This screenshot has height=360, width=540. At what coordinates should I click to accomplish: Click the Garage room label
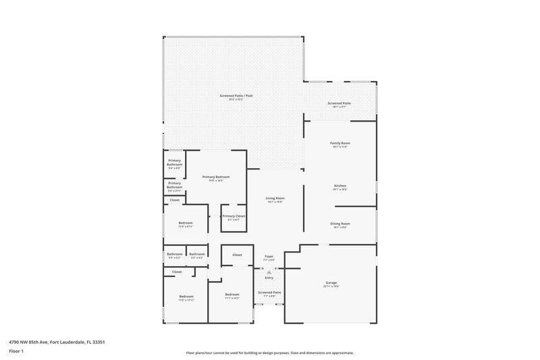(331, 282)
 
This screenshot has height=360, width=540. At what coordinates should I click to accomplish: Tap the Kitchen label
(340, 185)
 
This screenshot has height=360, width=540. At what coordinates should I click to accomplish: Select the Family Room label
(340, 143)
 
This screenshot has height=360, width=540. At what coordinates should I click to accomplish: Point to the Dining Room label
(340, 224)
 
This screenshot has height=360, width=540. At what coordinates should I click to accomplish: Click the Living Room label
(275, 198)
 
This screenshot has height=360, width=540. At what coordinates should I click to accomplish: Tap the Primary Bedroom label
(216, 176)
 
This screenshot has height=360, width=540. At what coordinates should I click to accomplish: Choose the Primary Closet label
(234, 215)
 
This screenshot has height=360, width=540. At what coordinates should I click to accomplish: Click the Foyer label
(269, 256)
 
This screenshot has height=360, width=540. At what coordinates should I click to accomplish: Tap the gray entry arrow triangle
(269, 272)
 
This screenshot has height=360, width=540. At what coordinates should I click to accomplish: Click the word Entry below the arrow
(269, 278)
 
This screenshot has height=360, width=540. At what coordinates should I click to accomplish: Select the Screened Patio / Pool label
(236, 96)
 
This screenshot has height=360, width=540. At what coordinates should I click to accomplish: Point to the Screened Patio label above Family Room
(340, 103)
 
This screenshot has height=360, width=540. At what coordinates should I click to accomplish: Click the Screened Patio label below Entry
(269, 292)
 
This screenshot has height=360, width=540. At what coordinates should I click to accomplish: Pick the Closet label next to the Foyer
(237, 255)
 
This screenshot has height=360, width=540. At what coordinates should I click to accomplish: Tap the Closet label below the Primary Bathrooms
(175, 200)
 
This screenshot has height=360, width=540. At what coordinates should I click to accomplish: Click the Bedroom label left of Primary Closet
(186, 223)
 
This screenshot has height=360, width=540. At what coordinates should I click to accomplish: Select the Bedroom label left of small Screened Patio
(232, 294)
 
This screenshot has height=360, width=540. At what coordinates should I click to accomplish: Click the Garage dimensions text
(331, 287)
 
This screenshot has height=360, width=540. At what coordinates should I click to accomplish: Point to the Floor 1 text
(16, 352)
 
